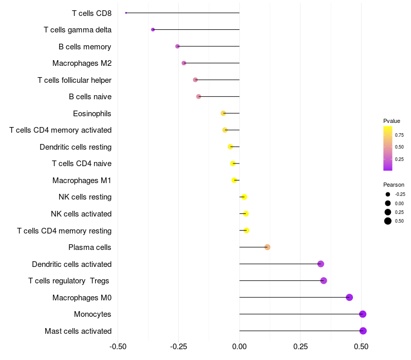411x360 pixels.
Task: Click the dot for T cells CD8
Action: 126,13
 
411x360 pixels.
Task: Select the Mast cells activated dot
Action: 363,331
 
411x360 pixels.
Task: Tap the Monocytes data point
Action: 363,314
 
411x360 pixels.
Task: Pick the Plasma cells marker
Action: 267,247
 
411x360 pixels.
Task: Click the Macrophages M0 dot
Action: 349,297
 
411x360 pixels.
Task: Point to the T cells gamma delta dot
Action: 153,30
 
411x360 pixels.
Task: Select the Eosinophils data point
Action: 223,113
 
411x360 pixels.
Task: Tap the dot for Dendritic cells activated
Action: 321,264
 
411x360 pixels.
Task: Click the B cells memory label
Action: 85,47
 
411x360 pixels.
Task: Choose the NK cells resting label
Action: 85,197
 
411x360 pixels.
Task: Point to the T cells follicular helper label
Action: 74,80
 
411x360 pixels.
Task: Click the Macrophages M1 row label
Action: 82,181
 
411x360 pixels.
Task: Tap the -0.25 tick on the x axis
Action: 179,347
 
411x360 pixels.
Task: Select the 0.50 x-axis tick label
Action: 361,347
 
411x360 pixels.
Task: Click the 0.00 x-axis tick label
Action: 239,347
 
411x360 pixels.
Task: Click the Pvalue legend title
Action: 391,121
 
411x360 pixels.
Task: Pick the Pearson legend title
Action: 394,185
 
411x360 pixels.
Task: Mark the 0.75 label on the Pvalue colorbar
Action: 399,135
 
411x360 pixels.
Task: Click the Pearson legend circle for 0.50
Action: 388,221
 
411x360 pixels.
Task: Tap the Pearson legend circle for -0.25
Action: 388,194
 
